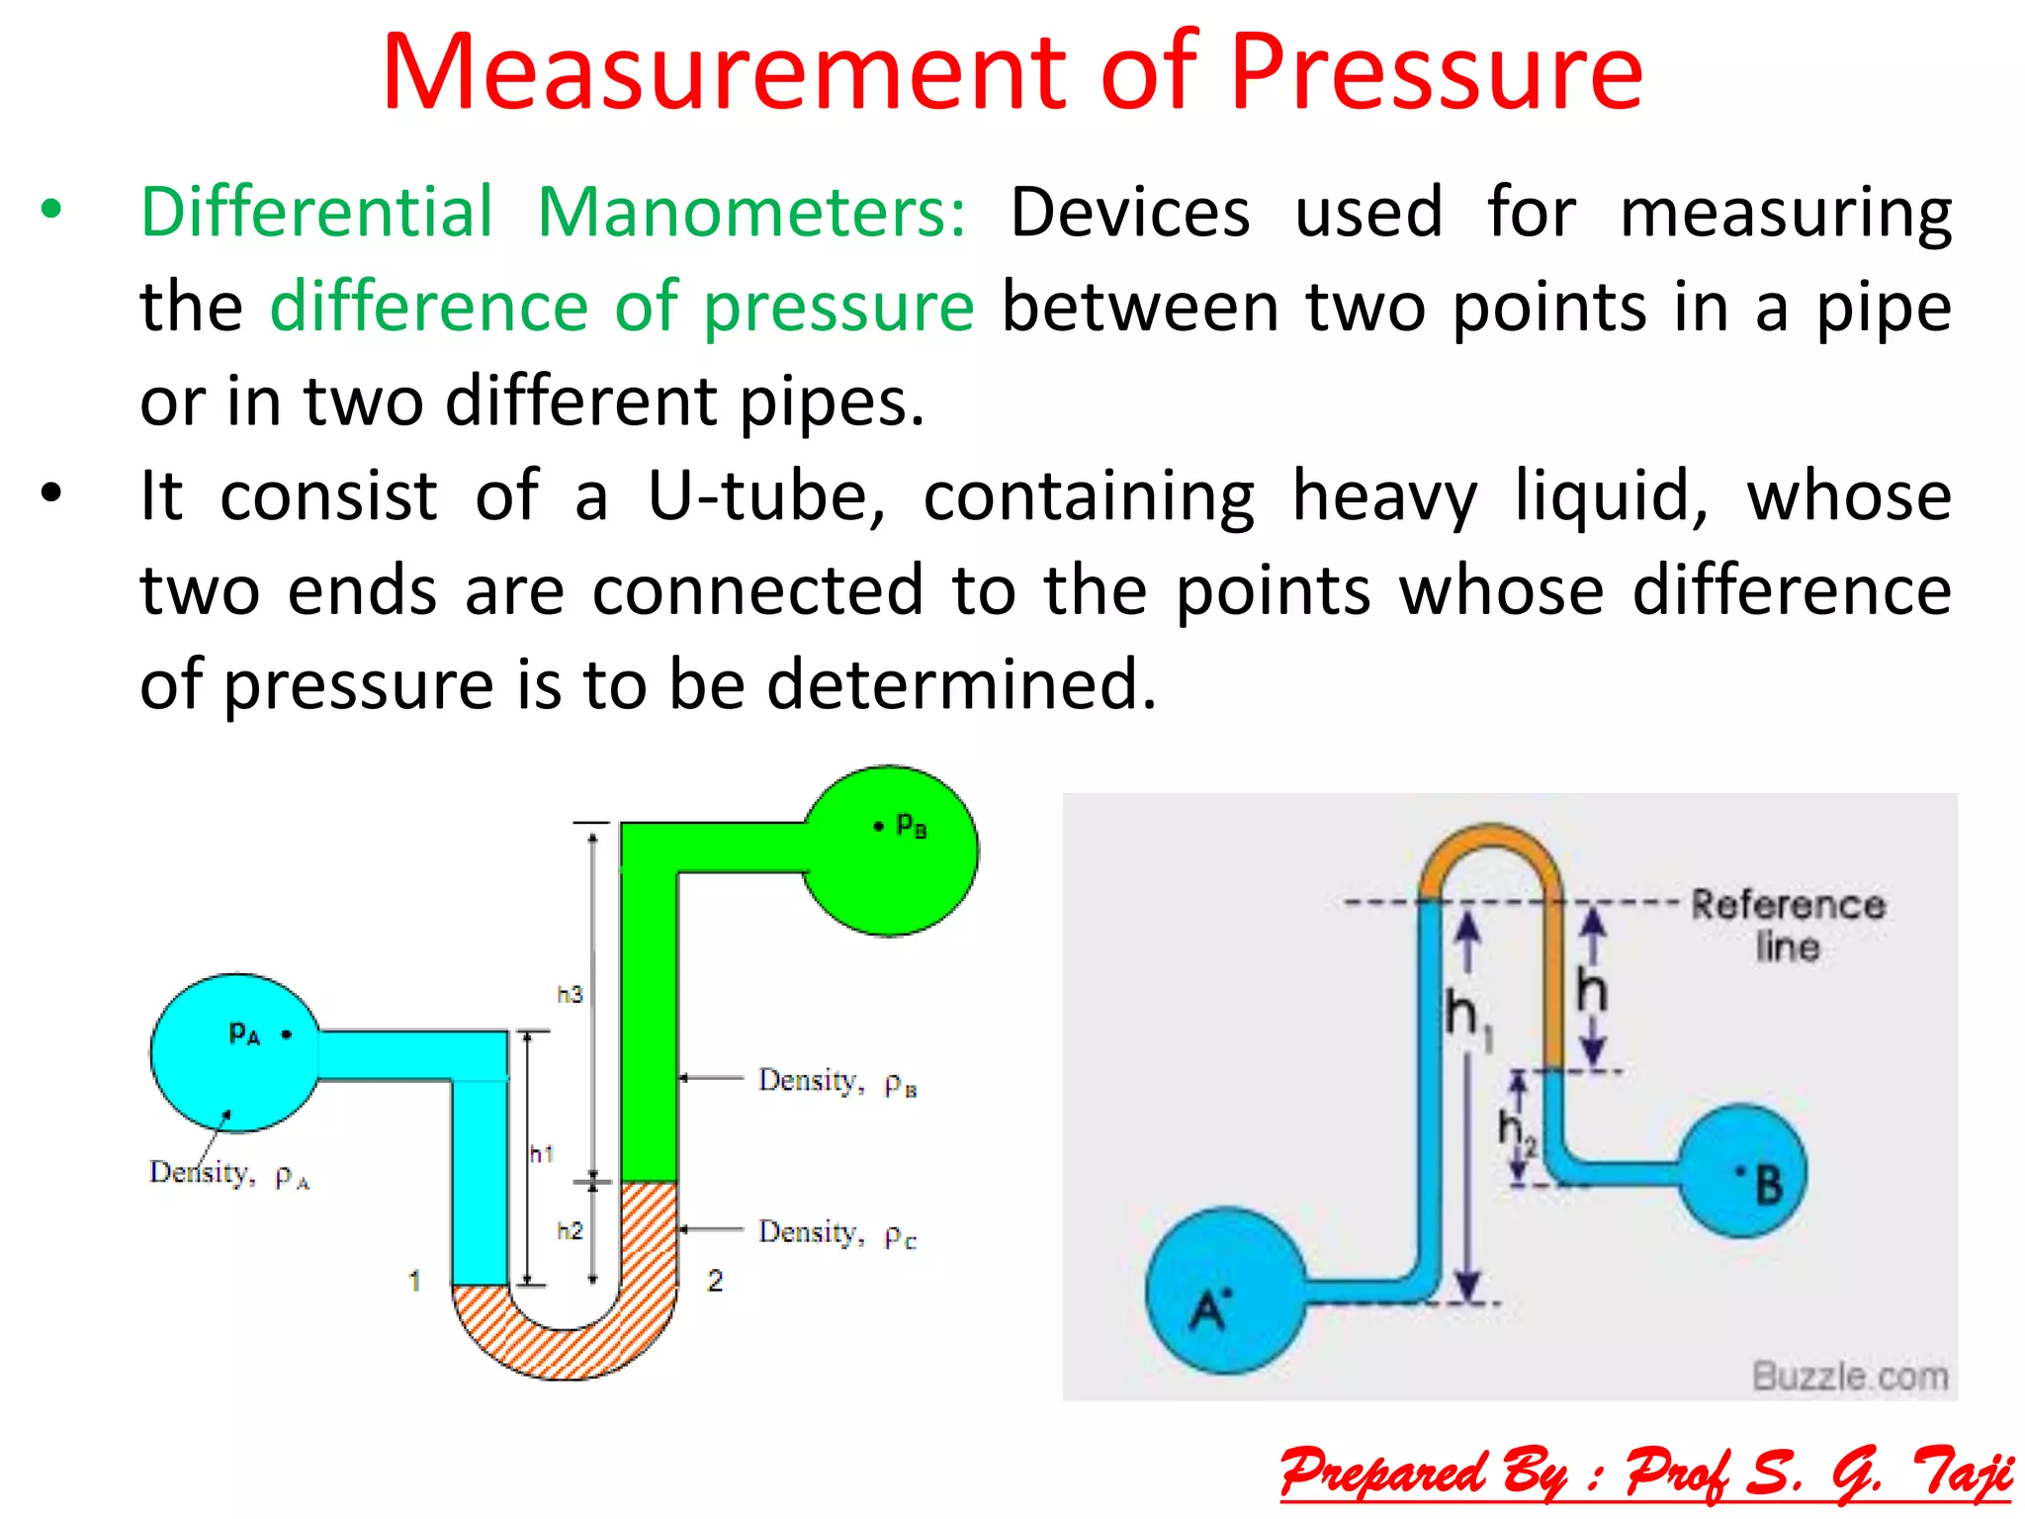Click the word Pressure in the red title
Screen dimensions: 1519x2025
tap(1436, 73)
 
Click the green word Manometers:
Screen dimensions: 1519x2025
tap(751, 213)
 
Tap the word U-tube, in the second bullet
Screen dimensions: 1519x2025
tap(766, 496)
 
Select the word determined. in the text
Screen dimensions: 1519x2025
tap(961, 684)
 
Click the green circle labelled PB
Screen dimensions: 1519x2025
tap(890, 850)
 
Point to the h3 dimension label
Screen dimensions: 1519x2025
tap(570, 994)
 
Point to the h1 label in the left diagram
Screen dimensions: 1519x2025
tap(542, 1153)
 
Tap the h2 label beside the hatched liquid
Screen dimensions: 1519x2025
tap(570, 1231)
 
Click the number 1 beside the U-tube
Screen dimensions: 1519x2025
tap(414, 1282)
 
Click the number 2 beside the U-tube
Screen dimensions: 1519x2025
tap(715, 1282)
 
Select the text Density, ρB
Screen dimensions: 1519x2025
tap(836, 1082)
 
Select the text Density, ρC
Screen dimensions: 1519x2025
tap(836, 1234)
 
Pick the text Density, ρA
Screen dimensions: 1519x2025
tap(228, 1174)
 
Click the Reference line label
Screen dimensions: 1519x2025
tap(1788, 925)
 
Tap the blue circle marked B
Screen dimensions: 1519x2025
tap(1743, 1172)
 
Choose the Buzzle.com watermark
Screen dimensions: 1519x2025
tap(1850, 1376)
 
